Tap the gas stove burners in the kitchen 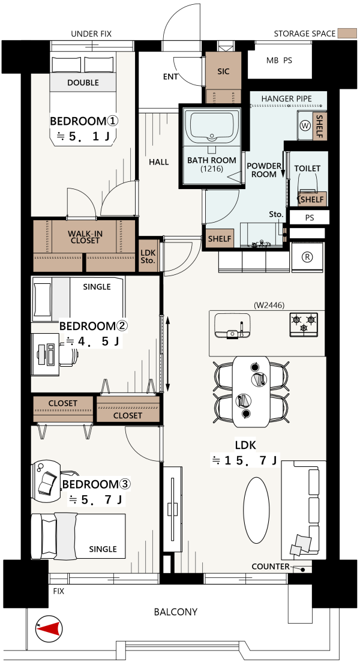(304, 325)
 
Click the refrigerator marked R (307, 257)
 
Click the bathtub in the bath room (211, 125)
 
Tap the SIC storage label (223, 71)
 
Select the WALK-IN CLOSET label (85, 236)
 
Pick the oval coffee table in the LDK (256, 503)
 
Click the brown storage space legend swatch (346, 34)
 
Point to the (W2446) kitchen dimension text (269, 304)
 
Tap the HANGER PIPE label (286, 98)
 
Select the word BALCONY (176, 612)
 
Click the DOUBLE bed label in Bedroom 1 (83, 83)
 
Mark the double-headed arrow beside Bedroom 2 (168, 354)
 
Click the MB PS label (279, 61)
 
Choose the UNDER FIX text (91, 34)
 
